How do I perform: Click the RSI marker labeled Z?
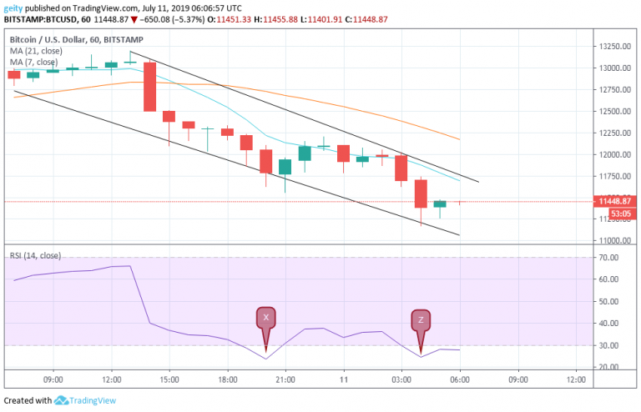[x=421, y=320]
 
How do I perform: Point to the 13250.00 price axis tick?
[x=613, y=47]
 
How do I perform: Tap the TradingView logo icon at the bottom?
[x=61, y=400]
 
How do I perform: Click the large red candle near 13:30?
[x=149, y=87]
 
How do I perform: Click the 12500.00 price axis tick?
[x=613, y=112]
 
